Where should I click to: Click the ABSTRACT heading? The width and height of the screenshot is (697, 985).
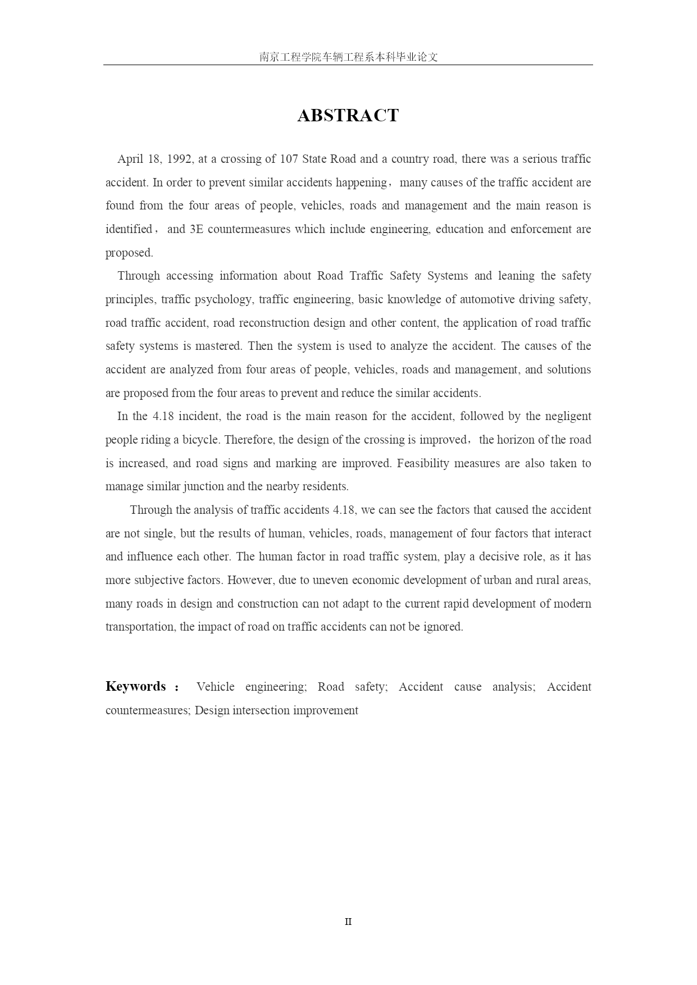pos(348,116)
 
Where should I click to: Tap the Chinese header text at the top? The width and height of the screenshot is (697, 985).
pos(348,57)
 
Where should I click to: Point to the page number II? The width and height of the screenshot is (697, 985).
pos(348,922)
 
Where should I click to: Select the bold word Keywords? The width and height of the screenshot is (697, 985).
pos(136,687)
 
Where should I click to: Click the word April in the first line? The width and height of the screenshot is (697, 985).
pos(130,159)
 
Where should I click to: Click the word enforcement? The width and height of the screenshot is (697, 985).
pos(542,229)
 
